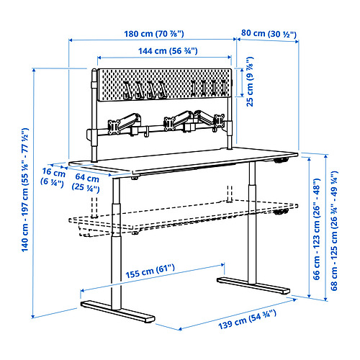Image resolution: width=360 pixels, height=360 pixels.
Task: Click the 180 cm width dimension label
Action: point(154,34)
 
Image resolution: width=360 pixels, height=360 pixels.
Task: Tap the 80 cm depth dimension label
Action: point(269,34)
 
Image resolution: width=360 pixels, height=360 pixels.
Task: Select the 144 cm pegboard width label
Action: point(168,51)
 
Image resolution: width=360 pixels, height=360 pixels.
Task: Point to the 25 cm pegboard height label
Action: point(250,81)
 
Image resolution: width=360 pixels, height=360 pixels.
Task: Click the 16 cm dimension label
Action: point(53,177)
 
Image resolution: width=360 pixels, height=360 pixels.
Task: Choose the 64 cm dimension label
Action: point(86,182)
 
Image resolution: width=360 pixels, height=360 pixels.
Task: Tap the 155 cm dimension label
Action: point(150,271)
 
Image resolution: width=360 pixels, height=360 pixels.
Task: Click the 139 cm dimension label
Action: point(247,320)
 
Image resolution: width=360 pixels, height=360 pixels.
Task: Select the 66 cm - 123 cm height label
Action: point(317,229)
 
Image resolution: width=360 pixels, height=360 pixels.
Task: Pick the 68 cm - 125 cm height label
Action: point(334,230)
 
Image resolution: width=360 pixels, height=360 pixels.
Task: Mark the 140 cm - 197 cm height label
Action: point(25,190)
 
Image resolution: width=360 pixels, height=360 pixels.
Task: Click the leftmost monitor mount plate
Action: point(114,127)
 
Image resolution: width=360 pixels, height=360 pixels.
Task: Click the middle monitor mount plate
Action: point(169,123)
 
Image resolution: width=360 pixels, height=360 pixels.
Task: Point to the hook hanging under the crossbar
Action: point(146,132)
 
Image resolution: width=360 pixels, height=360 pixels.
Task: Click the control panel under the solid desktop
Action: point(281,161)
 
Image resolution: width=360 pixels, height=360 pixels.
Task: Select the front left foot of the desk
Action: point(117,311)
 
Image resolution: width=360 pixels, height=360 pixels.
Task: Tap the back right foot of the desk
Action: point(253,286)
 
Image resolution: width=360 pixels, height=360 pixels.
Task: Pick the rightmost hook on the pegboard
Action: point(224,88)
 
